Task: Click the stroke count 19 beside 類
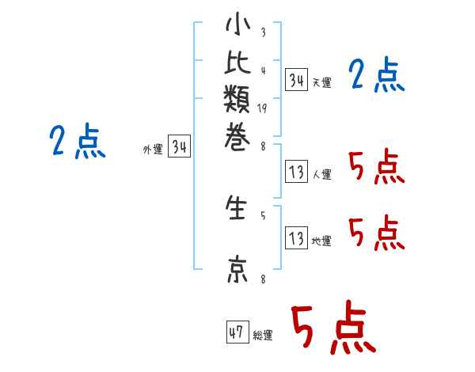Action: click(x=262, y=108)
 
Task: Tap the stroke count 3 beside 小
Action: click(x=263, y=32)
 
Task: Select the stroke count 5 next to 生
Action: click(x=263, y=215)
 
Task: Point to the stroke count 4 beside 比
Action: click(x=263, y=70)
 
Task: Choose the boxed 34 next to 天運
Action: click(x=296, y=80)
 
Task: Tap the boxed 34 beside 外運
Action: click(x=180, y=146)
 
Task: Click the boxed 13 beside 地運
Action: click(x=296, y=237)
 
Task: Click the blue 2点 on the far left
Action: click(x=78, y=142)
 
